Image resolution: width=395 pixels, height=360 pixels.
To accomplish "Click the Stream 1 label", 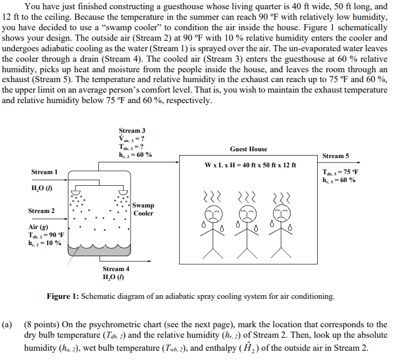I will click(x=45, y=172).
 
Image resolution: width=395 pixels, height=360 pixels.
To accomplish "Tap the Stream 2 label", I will click(x=41, y=211).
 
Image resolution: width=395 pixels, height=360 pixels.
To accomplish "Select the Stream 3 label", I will click(x=132, y=131).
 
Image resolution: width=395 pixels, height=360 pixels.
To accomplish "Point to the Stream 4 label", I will click(x=116, y=269).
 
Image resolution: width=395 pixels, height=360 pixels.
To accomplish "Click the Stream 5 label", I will click(x=336, y=156).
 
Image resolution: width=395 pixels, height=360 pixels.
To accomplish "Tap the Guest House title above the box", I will click(x=248, y=149).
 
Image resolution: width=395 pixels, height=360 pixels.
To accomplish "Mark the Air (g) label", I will click(x=40, y=227).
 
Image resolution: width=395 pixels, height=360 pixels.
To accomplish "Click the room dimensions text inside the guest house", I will click(x=250, y=165).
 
